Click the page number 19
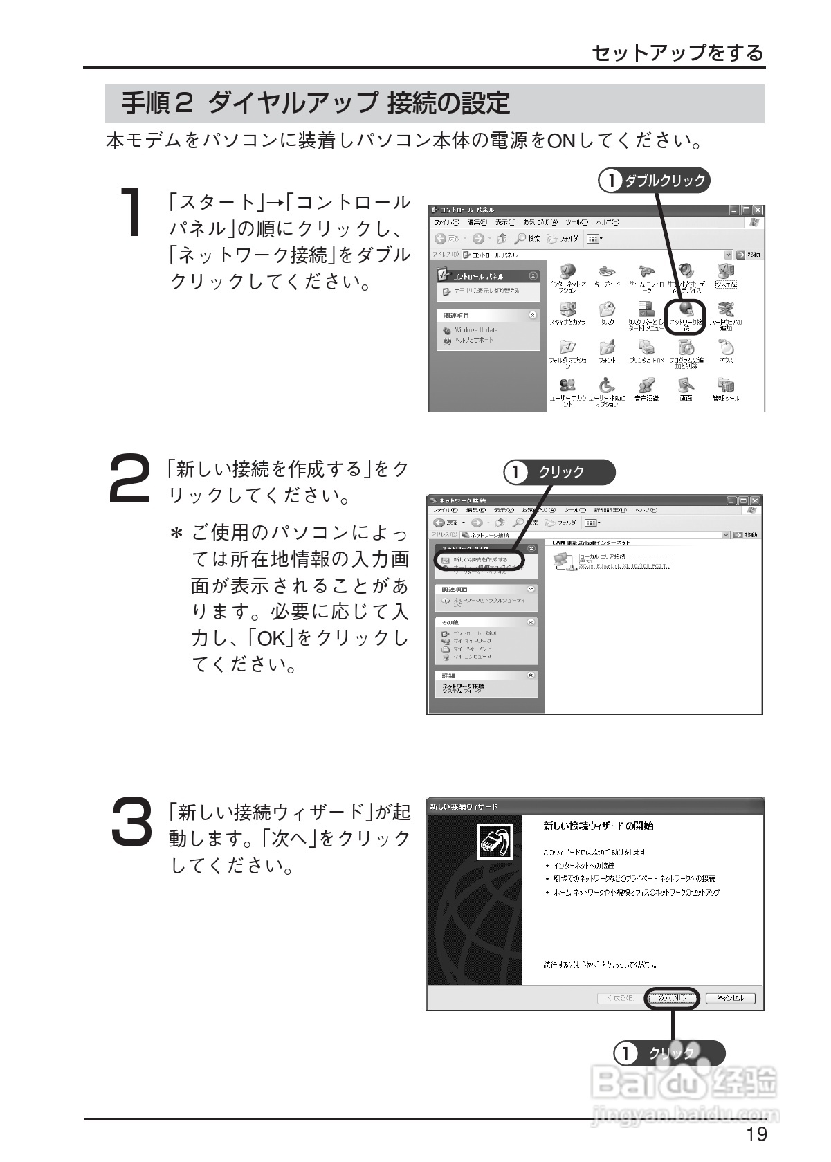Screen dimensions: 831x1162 [756, 1134]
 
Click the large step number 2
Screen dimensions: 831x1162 [130, 478]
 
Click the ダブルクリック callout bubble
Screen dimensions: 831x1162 [655, 181]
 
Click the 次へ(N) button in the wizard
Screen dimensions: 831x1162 [673, 997]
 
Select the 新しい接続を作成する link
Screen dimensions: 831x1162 [480, 559]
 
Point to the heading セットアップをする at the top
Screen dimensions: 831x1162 [678, 53]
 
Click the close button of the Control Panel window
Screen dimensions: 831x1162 [758, 210]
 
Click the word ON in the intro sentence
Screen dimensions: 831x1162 [561, 141]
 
